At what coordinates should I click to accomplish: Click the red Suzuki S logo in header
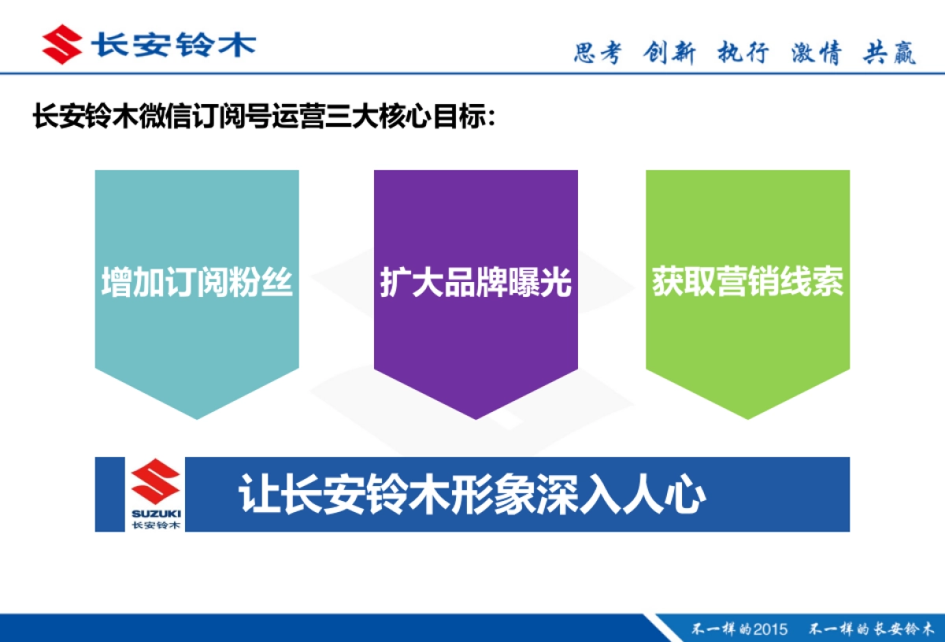coord(62,43)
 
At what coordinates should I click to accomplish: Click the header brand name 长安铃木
coord(173,43)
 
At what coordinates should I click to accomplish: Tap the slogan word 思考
coord(597,53)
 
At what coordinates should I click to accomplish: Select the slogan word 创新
coord(669,53)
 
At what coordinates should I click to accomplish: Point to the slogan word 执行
coord(742,53)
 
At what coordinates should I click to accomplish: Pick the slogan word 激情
coord(816,53)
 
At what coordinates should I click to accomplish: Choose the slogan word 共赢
coord(890,53)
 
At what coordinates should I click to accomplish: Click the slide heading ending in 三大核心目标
coord(265,118)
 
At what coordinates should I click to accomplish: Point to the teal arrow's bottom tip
coord(197,417)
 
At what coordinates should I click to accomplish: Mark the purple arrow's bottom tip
coord(476,417)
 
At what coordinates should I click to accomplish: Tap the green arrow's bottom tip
coord(747,417)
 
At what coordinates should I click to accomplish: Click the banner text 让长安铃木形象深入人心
coord(472,495)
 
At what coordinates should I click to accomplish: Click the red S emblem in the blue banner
coord(156,483)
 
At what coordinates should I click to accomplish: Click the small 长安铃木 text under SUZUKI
coord(156,525)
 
